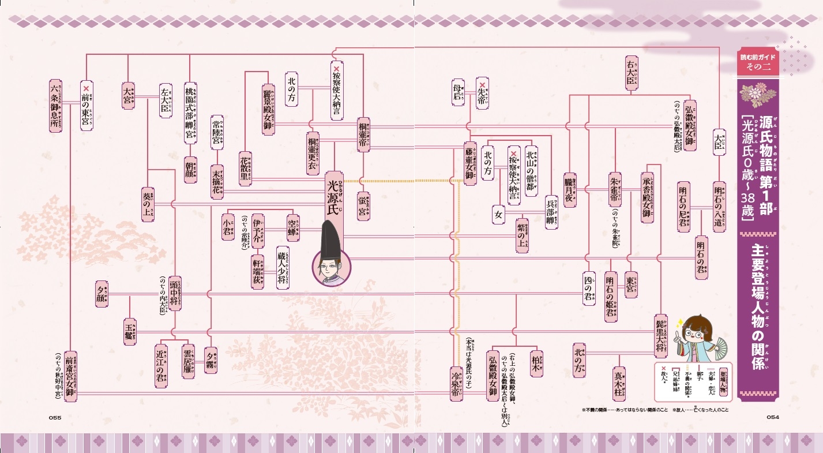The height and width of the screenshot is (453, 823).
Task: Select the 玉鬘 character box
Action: [130, 331]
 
